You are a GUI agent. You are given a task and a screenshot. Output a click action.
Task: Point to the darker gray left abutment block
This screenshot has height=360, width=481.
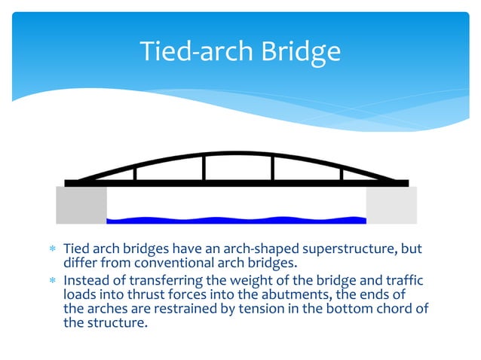point(81,205)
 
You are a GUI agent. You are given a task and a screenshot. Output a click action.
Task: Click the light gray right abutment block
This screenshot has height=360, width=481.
point(391,205)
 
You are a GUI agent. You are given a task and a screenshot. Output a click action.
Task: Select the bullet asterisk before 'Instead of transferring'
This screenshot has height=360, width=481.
point(54,281)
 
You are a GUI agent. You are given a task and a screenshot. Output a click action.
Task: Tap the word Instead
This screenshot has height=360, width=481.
point(87,280)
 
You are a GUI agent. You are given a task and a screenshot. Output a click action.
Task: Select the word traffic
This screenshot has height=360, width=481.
point(403,280)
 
